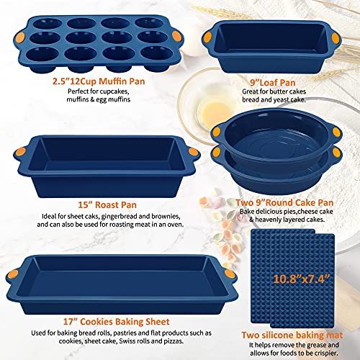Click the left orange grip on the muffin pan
(x=20, y=37)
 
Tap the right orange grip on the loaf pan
(x=335, y=37)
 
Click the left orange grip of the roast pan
(x=20, y=152)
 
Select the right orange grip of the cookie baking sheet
(x=230, y=274)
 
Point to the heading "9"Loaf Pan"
(x=273, y=83)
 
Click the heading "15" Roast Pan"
(x=107, y=204)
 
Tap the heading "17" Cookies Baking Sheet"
(x=117, y=322)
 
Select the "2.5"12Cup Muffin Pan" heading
(x=99, y=81)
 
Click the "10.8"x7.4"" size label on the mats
(x=302, y=279)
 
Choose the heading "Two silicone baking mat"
(x=292, y=335)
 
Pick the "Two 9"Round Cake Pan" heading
(x=284, y=202)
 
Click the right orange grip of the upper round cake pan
(x=336, y=131)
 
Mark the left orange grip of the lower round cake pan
(x=217, y=152)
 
